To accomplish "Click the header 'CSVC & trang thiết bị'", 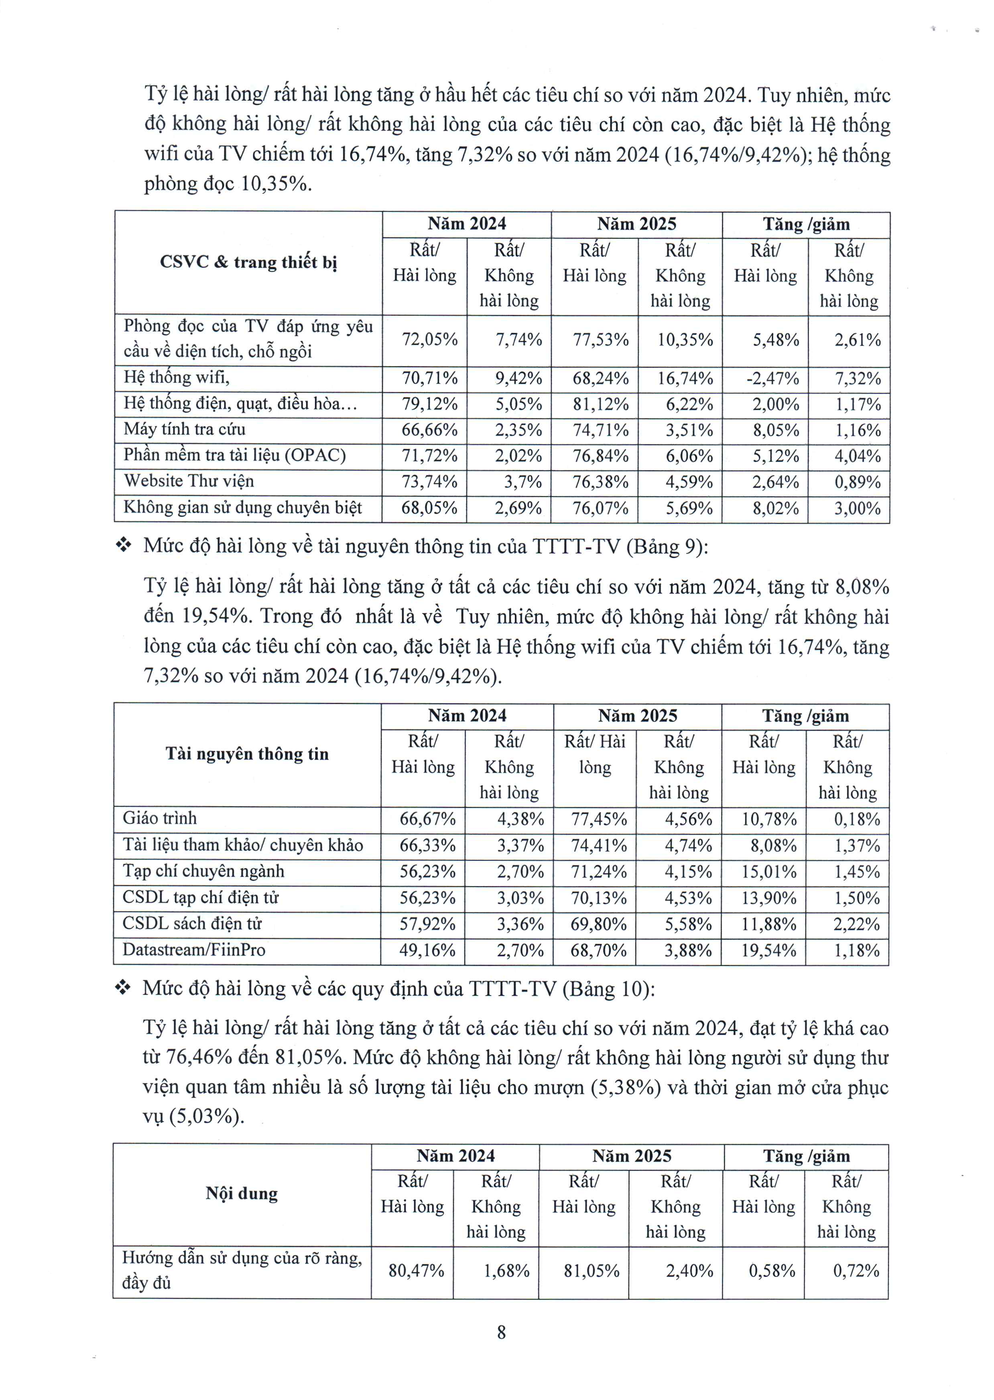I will click(248, 262).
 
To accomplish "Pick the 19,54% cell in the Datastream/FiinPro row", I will click(769, 950).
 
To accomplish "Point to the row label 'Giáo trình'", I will click(160, 819).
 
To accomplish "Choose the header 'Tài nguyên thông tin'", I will click(247, 754).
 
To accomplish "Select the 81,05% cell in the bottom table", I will click(591, 1271).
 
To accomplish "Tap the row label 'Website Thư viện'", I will click(189, 481).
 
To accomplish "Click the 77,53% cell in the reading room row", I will click(600, 340).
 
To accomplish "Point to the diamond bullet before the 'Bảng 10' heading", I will click(123, 988).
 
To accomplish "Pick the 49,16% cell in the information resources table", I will click(427, 950).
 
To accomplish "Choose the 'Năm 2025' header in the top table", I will click(636, 224).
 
